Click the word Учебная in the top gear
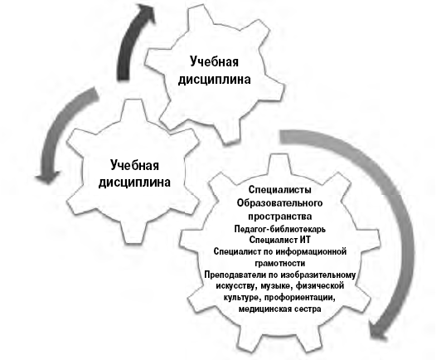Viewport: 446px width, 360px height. (214, 62)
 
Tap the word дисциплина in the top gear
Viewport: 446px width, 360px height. (214, 80)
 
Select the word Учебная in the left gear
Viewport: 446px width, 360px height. (134, 165)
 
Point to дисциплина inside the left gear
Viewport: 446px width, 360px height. (134, 182)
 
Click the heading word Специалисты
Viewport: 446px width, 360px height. (279, 190)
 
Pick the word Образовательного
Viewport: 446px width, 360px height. (279, 203)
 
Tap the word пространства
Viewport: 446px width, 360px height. (279, 216)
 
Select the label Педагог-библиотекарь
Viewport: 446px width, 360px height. (279, 229)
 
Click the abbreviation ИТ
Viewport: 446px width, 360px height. (305, 240)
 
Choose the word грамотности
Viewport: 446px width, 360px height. (280, 263)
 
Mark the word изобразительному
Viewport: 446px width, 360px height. (318, 275)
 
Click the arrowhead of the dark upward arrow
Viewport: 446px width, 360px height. (145, 12)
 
